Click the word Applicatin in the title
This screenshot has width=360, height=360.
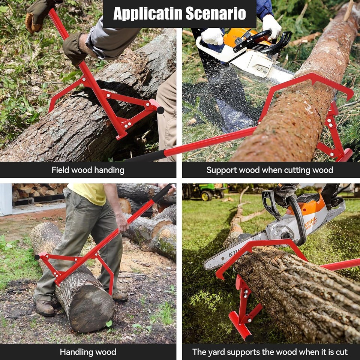144,13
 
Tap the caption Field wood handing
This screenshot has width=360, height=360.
88,170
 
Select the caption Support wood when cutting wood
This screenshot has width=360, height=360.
270,170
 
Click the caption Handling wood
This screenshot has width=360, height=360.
88,352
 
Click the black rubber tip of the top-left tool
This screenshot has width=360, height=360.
160,110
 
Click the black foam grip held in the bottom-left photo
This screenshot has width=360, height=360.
162,193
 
